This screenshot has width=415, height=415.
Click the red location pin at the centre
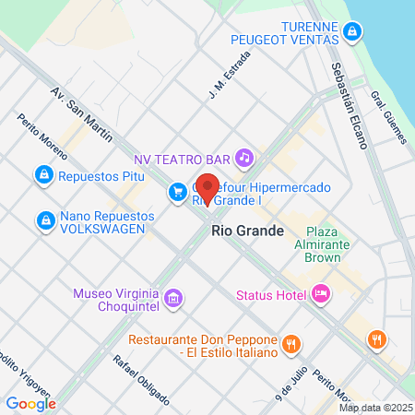coord(207,188)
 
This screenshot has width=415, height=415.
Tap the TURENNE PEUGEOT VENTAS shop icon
coord(350,34)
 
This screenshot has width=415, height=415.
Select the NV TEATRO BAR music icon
coord(243,158)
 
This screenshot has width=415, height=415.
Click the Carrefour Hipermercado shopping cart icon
coord(176,192)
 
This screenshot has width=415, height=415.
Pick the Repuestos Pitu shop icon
coord(42,173)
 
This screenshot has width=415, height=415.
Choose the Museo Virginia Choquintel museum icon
coord(175,299)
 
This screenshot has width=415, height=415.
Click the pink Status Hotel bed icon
coord(321,294)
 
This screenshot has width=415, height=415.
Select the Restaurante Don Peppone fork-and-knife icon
coord(290,345)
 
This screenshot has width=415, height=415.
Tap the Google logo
coord(30,403)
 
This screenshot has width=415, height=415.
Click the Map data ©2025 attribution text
coord(375,408)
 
